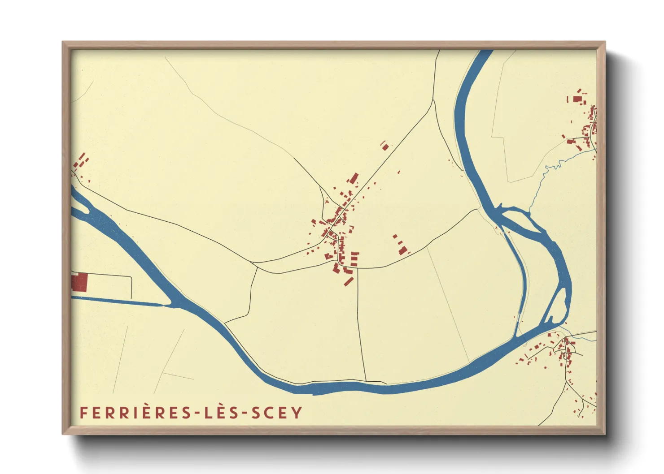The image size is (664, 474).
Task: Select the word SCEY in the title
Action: pyautogui.click(x=277, y=413)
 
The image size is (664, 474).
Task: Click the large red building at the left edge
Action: pyautogui.click(x=79, y=282)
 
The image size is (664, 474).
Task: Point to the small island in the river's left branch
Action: pyautogui.click(x=81, y=207)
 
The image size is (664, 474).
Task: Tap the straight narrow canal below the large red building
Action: pyautogui.click(x=117, y=302)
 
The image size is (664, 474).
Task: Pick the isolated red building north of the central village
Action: pyautogui.click(x=385, y=147)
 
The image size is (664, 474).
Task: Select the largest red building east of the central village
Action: pyautogui.click(x=402, y=250)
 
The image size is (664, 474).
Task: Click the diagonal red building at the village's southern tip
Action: pyautogui.click(x=349, y=281)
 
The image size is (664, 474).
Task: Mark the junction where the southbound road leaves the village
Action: pyautogui.click(x=358, y=268)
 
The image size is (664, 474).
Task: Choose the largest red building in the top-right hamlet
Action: pyautogui.click(x=577, y=99)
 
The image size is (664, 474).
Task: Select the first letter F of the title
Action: pyautogui.click(x=83, y=413)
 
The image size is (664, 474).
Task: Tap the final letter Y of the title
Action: pyautogui.click(x=298, y=413)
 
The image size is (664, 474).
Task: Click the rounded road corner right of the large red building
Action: pyautogui.click(x=130, y=279)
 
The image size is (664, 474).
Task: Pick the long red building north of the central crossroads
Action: pyautogui.click(x=354, y=178)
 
